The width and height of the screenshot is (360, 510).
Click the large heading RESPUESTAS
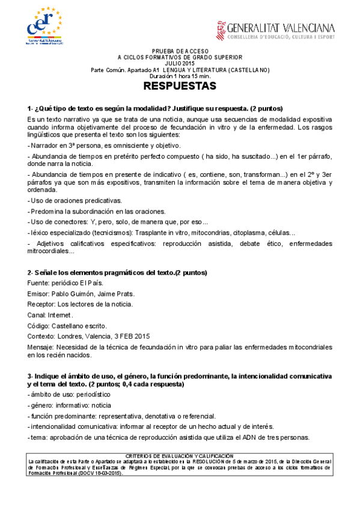[180, 87]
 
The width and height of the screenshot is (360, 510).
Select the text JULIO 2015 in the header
[180, 64]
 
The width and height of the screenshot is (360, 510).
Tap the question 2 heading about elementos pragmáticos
[117, 273]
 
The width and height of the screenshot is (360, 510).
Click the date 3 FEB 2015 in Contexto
[131, 336]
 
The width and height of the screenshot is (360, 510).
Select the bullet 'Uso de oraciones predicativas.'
[75, 200]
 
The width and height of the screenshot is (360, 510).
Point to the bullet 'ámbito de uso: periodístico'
[69, 394]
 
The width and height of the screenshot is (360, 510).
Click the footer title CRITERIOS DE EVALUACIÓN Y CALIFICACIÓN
[180, 456]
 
